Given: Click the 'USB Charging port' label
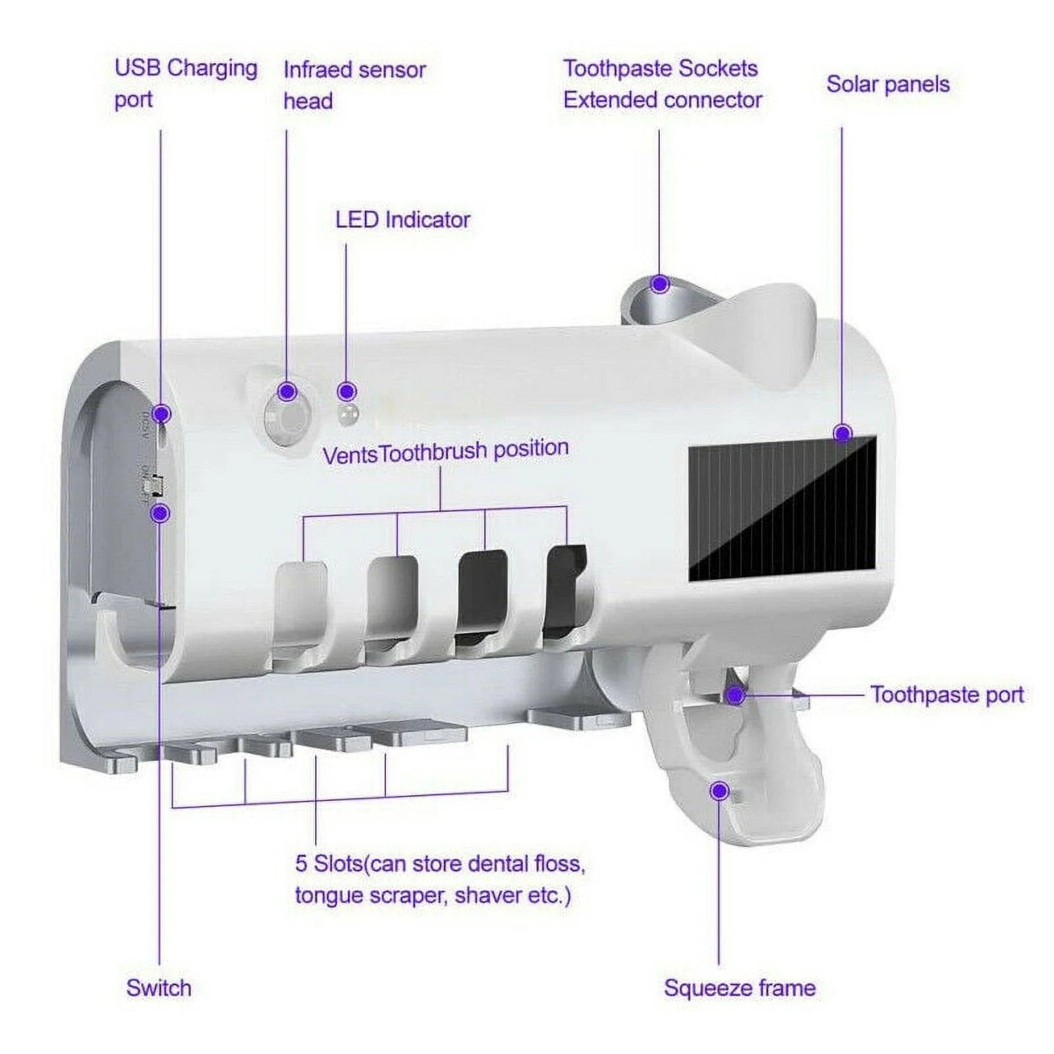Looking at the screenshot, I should point(185,84).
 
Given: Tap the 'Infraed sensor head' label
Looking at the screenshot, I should point(354,85).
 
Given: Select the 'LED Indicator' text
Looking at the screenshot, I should point(402,220).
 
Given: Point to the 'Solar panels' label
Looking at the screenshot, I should point(887,84).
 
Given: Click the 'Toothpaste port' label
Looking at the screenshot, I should point(947,694).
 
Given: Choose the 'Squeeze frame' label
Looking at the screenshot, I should point(739,988).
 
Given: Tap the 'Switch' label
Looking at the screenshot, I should point(159,988).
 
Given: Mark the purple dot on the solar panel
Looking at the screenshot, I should point(843,433).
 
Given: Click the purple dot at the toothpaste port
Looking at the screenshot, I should point(736,695).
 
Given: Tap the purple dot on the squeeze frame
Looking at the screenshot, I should point(720,790).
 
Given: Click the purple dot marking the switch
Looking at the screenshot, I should point(160,513).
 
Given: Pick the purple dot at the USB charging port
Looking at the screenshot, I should point(161,414).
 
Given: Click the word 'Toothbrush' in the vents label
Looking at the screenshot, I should point(434,453).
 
